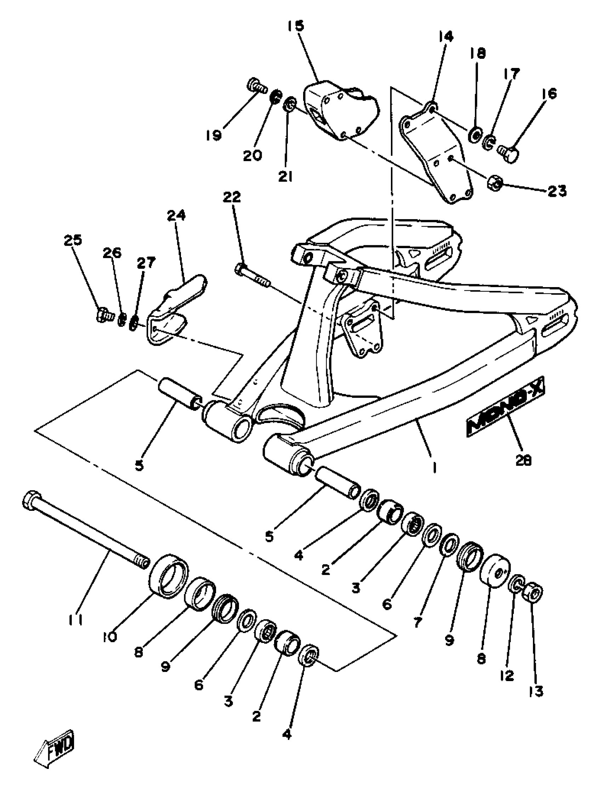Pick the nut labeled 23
coord(495,184)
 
